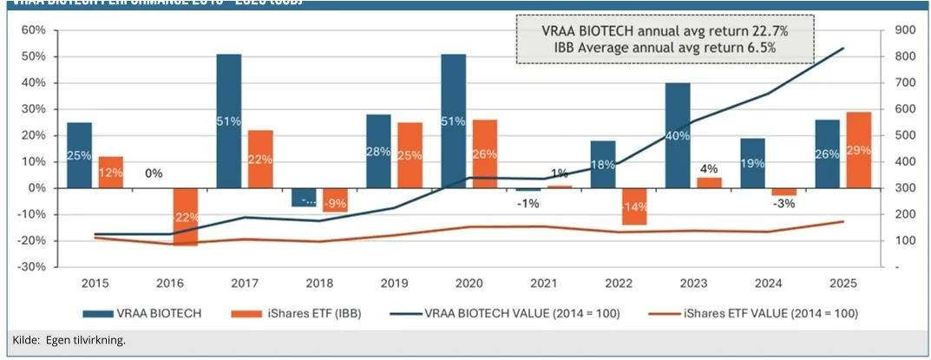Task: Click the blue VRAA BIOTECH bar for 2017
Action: tap(229, 121)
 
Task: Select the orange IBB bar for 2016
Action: tap(185, 216)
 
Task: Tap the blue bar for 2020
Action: tap(454, 121)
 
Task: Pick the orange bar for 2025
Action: tap(858, 149)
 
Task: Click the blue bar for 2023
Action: tap(679, 135)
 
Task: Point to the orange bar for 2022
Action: tap(633, 206)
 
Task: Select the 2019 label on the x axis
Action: tap(394, 282)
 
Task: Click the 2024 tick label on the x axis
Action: tap(768, 282)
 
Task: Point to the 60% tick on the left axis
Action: tap(33, 30)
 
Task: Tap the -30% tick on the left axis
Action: tap(33, 267)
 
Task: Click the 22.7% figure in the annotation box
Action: tap(770, 31)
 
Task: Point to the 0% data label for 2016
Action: tap(154, 173)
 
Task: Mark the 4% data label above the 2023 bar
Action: tap(708, 169)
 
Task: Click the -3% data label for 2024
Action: tap(783, 204)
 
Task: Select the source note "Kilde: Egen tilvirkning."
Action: tap(69, 339)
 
